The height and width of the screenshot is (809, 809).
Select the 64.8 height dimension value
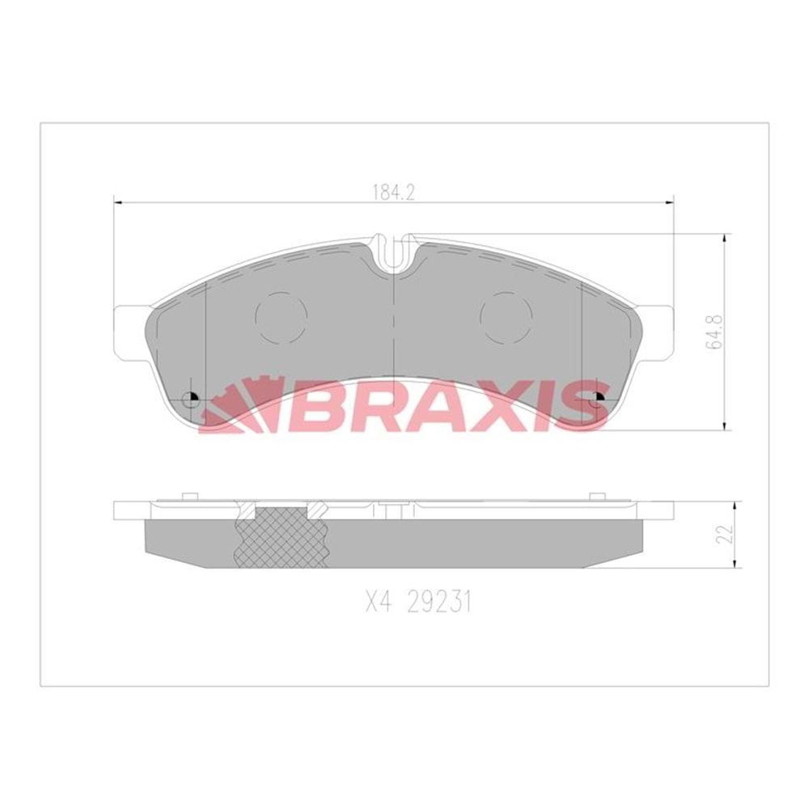713,332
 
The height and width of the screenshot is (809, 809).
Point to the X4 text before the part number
374,603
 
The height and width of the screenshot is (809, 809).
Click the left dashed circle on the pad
281,316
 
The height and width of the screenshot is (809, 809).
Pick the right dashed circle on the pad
506,316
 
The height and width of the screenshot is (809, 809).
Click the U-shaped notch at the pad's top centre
394,252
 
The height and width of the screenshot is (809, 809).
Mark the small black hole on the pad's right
599,396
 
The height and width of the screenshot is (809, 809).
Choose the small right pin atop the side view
598,496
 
